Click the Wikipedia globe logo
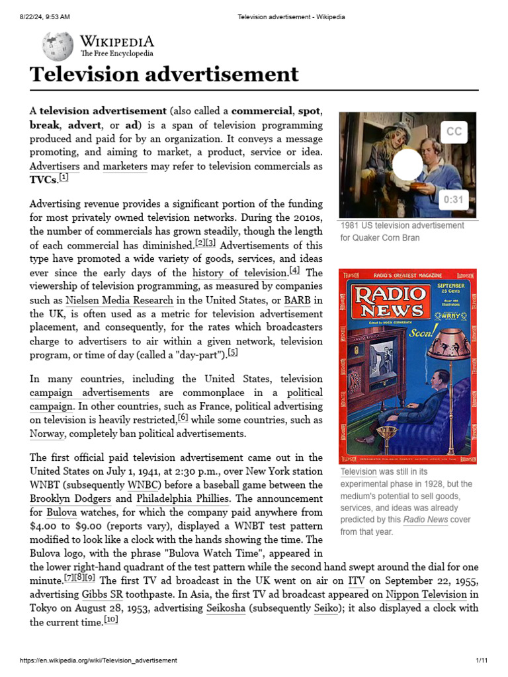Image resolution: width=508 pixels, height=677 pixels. (x=58, y=46)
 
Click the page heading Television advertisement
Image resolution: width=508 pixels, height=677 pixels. (x=164, y=74)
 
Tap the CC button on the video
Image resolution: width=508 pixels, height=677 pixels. (x=454, y=132)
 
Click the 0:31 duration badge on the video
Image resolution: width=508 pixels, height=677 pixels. (x=453, y=200)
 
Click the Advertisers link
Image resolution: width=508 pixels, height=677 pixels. (x=55, y=167)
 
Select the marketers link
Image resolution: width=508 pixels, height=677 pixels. (x=125, y=167)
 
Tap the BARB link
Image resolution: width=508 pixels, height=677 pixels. (x=298, y=300)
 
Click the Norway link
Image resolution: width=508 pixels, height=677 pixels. (x=47, y=434)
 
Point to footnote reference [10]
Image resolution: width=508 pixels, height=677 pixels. (x=111, y=620)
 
